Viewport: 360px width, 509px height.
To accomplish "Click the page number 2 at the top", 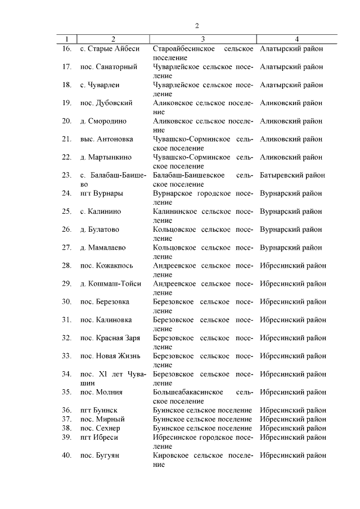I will [197, 25].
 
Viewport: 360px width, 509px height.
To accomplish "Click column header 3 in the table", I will [203, 39].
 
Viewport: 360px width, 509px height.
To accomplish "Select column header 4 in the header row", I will [296, 39].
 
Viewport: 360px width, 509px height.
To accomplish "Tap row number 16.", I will [66, 49].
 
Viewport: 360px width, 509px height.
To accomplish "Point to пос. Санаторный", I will [109, 67].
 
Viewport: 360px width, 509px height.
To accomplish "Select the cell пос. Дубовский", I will [106, 103].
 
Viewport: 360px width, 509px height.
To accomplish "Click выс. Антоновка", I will [107, 139].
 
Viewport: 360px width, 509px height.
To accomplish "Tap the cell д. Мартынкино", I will [106, 157].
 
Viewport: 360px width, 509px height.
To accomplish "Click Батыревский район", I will [292, 175].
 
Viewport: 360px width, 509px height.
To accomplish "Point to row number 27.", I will [66, 247].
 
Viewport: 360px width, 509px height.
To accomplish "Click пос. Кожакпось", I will [107, 265].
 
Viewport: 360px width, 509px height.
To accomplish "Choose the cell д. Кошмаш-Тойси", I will [110, 283].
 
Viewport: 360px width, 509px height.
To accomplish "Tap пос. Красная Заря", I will [110, 338].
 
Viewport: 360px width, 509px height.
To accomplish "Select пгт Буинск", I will [99, 410].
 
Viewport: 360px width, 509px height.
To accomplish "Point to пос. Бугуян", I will [101, 455].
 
